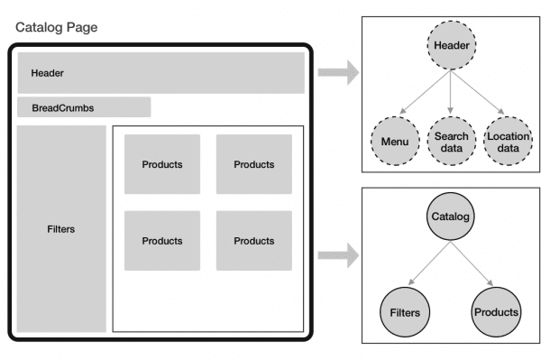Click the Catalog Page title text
56,28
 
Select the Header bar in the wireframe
160,73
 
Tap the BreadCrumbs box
84,107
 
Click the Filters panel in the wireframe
61,228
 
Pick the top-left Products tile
162,164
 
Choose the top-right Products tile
254,164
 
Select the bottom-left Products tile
162,241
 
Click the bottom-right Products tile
254,241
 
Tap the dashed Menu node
394,142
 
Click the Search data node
451,142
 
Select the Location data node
508,142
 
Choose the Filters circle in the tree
405,311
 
